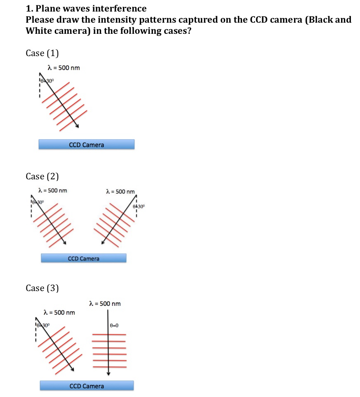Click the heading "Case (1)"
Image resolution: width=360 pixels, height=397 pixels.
tap(42, 53)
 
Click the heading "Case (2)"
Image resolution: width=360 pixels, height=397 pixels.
tap(42, 176)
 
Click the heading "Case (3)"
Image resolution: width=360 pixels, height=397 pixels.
tap(42, 288)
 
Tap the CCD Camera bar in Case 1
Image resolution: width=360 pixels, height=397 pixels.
tap(87, 144)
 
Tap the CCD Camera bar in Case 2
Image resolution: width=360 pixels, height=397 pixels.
tap(84, 258)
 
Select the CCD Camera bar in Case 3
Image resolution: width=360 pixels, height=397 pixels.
tap(87, 386)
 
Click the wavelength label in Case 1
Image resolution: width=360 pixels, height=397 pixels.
tap(64, 68)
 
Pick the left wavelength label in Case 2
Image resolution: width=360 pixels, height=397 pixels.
tap(52, 190)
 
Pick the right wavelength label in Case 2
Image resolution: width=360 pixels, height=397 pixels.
tap(120, 191)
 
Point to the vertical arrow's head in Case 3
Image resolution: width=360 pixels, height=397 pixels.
tap(108, 374)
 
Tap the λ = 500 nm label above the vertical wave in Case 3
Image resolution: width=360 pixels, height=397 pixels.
tap(105, 304)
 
